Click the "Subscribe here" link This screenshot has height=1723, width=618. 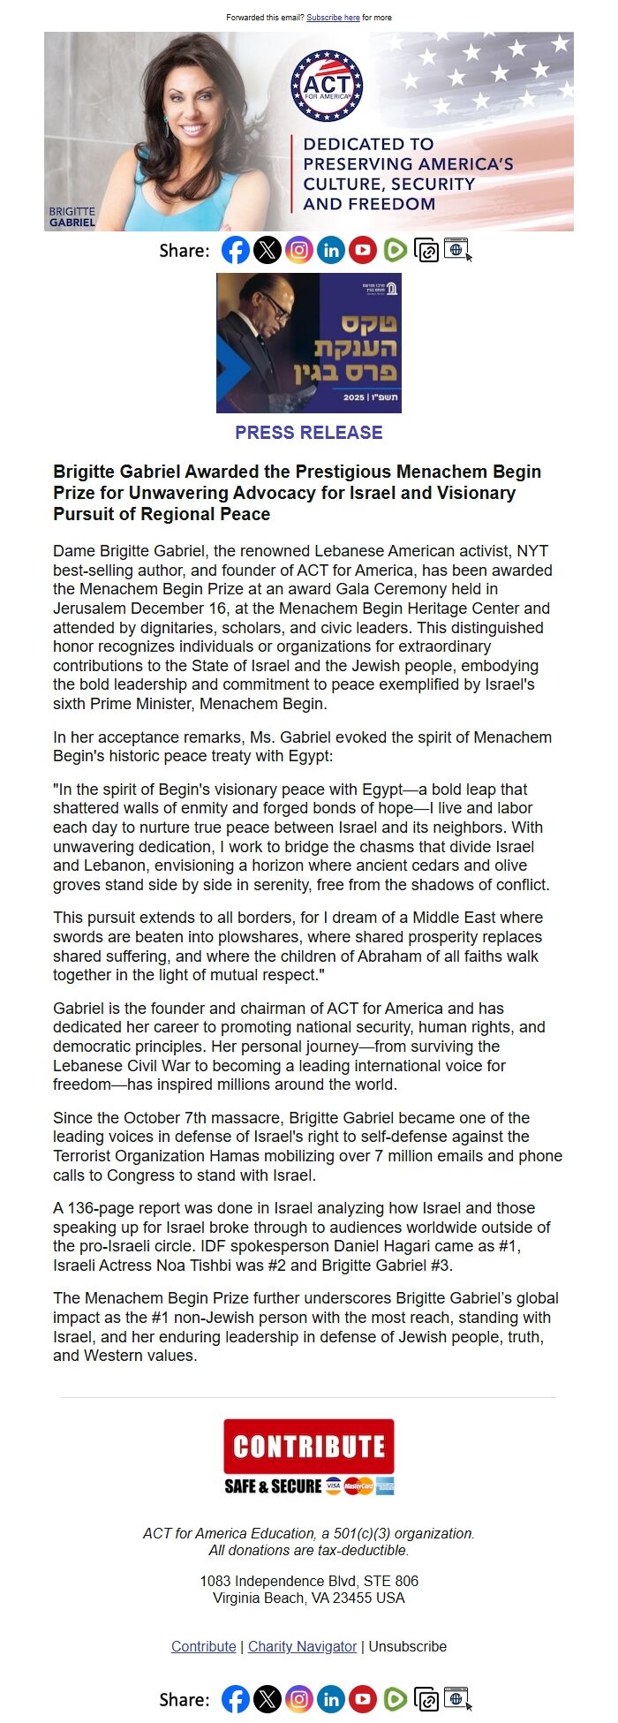333,18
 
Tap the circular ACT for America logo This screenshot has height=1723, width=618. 327,86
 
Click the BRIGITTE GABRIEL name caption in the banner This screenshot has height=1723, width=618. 72,217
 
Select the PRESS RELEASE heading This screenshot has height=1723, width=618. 308,433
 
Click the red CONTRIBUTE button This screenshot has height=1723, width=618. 308,1447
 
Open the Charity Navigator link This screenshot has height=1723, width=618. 302,1646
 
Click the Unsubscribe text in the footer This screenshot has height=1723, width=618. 407,1646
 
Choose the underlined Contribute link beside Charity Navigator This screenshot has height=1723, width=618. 203,1646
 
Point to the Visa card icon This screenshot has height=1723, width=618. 334,1486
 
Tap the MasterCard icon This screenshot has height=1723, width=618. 358,1486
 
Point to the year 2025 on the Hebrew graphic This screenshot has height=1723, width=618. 353,397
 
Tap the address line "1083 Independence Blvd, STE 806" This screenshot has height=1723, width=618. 308,1581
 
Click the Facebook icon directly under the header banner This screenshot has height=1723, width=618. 235,251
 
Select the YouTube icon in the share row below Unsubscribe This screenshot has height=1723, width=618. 363,1699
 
